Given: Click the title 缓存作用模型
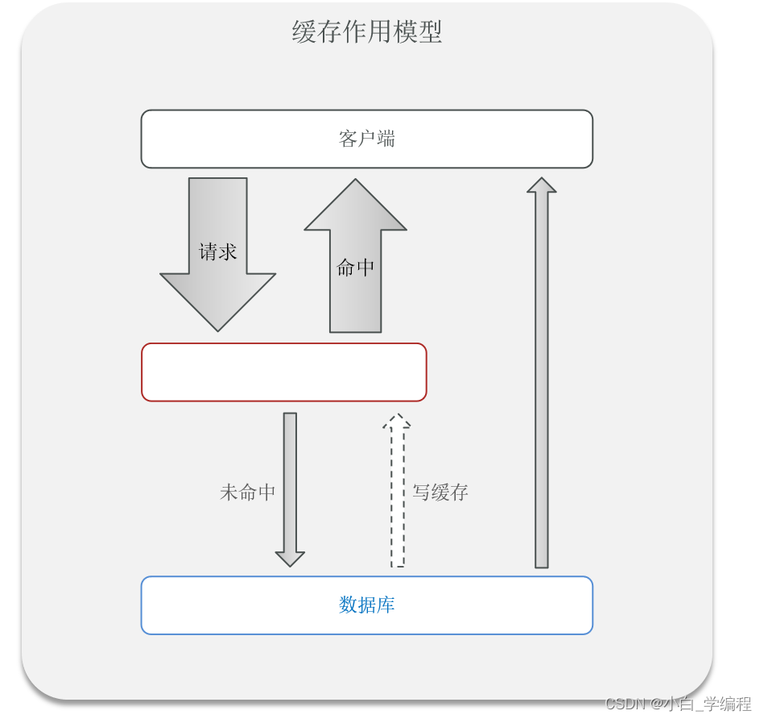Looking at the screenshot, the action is (367, 32).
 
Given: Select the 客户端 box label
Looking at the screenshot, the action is (367, 139).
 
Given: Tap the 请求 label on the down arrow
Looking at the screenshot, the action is (217, 251).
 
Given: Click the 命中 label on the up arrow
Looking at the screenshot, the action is (355, 268).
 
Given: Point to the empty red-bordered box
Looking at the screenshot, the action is (284, 372).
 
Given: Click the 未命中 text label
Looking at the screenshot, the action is (247, 492).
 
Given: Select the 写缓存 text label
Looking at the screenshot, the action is (440, 492).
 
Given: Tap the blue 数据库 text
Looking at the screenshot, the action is (367, 605).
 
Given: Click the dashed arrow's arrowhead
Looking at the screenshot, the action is (397, 422).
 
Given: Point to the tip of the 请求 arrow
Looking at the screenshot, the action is (218, 332).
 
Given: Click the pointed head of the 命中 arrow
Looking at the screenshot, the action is (355, 179).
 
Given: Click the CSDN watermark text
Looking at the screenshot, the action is (678, 704).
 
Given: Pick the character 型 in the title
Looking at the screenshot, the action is (430, 32).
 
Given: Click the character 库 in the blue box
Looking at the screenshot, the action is (386, 605).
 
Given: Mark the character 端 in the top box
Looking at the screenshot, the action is (386, 139).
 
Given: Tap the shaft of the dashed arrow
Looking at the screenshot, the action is (398, 497).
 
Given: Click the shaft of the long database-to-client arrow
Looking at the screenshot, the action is (542, 380).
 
